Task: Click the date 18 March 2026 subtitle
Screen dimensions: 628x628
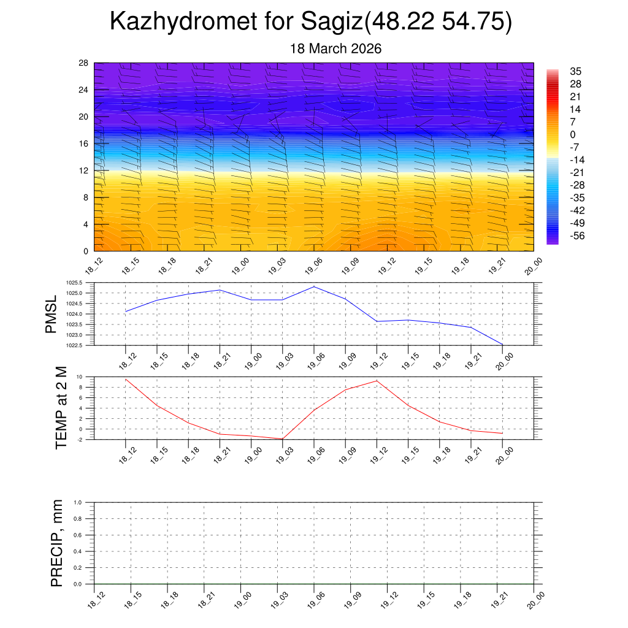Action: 335,48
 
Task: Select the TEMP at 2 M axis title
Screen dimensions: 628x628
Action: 61,408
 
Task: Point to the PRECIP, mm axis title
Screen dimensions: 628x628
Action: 56,543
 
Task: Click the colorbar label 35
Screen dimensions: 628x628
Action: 575,71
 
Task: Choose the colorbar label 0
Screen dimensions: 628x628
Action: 573,135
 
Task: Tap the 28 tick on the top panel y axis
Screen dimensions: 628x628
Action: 84,63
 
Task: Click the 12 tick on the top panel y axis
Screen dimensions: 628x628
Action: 84,170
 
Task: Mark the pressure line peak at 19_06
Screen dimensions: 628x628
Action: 314,286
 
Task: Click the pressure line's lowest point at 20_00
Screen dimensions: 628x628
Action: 503,345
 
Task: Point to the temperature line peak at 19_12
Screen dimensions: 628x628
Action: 377,381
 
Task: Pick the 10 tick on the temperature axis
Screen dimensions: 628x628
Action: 79,377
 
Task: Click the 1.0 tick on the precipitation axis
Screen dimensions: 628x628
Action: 77,502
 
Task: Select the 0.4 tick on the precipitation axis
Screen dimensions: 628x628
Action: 77,551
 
